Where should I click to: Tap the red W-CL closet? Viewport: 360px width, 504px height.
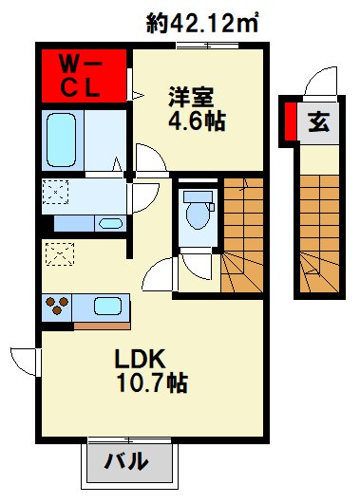[84, 76]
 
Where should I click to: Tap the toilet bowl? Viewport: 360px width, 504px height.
[199, 211]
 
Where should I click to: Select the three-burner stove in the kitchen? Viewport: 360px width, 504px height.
[57, 307]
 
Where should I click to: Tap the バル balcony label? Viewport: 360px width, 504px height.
[125, 462]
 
